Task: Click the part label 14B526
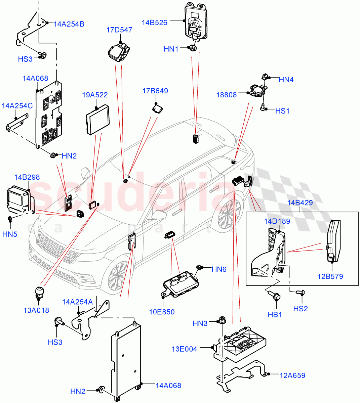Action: click(154, 23)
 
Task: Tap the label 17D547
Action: click(119, 30)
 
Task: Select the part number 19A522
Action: click(95, 95)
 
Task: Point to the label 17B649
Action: click(155, 91)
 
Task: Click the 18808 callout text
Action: click(226, 95)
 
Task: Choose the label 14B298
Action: click(27, 177)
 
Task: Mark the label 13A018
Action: click(36, 310)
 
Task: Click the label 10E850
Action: click(162, 312)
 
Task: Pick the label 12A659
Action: click(292, 375)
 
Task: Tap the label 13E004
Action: click(184, 349)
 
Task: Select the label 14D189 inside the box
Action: click(277, 221)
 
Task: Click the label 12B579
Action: click(330, 276)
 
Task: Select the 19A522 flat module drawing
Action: click(97, 119)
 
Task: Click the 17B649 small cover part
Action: click(157, 108)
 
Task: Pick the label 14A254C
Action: click(17, 106)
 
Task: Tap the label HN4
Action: click(286, 80)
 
